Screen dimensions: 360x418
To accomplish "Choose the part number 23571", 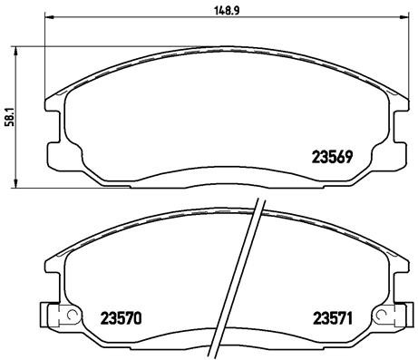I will pyautogui.click(x=331, y=317).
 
